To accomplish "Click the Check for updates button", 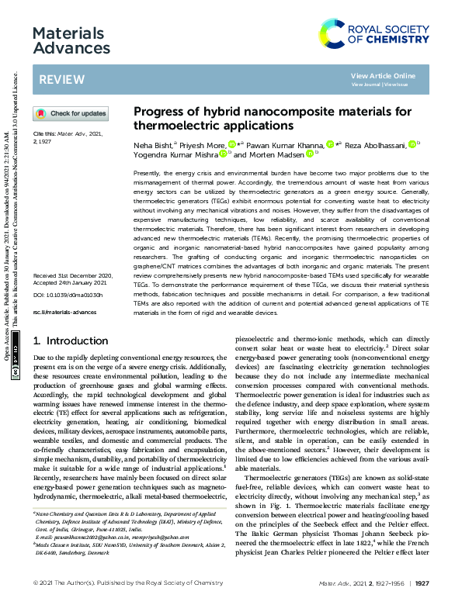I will (x=70, y=114).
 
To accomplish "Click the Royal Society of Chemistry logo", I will (x=377, y=33).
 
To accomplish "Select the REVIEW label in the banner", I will (x=57, y=80).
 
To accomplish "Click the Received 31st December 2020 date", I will (x=73, y=275).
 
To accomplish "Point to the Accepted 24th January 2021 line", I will (x=72, y=283).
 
